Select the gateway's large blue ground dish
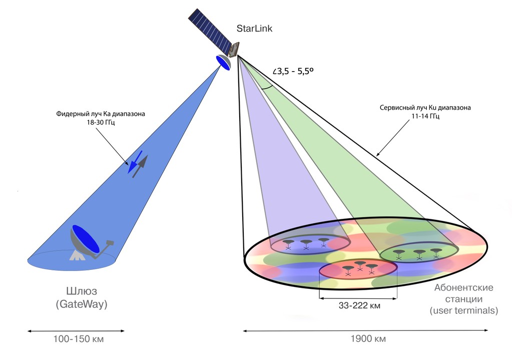coord(86,239)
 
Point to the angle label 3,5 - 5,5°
coord(293,71)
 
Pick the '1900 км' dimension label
coord(366,339)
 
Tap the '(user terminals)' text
coord(463,311)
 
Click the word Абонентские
coord(463,288)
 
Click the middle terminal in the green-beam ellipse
coord(419,253)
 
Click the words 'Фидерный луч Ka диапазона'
coord(101,114)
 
